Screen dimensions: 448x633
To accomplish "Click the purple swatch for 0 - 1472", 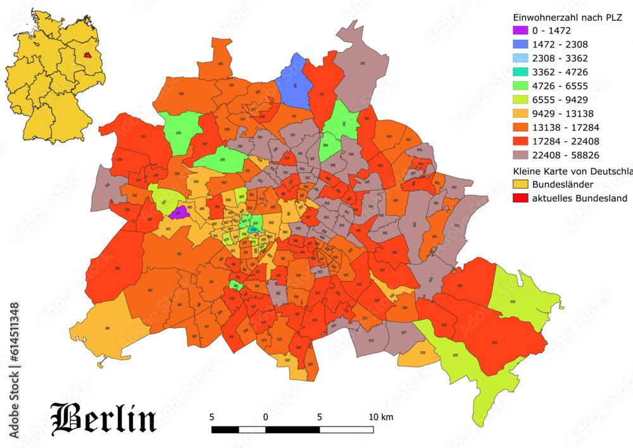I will point(519,30).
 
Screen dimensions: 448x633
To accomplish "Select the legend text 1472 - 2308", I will point(560,44).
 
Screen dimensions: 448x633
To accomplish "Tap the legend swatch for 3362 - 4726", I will point(519,72).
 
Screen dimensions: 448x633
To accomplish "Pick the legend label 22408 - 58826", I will point(566,155).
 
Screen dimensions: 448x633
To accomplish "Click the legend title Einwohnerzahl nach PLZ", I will point(568,17).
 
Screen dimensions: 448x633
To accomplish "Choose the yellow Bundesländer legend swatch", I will point(519,185).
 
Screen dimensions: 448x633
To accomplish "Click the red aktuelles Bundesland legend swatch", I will point(519,199).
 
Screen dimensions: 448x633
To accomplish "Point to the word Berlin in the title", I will point(103,418).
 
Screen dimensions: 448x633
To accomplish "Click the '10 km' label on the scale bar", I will point(380,417).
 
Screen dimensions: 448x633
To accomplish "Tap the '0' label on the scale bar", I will point(266,417).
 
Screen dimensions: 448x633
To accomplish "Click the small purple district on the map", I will point(179,212).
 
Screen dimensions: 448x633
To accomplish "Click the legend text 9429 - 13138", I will point(563,113).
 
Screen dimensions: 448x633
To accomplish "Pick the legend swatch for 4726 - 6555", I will point(519,85).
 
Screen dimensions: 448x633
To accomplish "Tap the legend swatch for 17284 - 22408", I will point(519,141).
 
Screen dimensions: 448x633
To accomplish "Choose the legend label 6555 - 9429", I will point(560,99).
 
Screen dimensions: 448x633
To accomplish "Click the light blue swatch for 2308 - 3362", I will point(519,58).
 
